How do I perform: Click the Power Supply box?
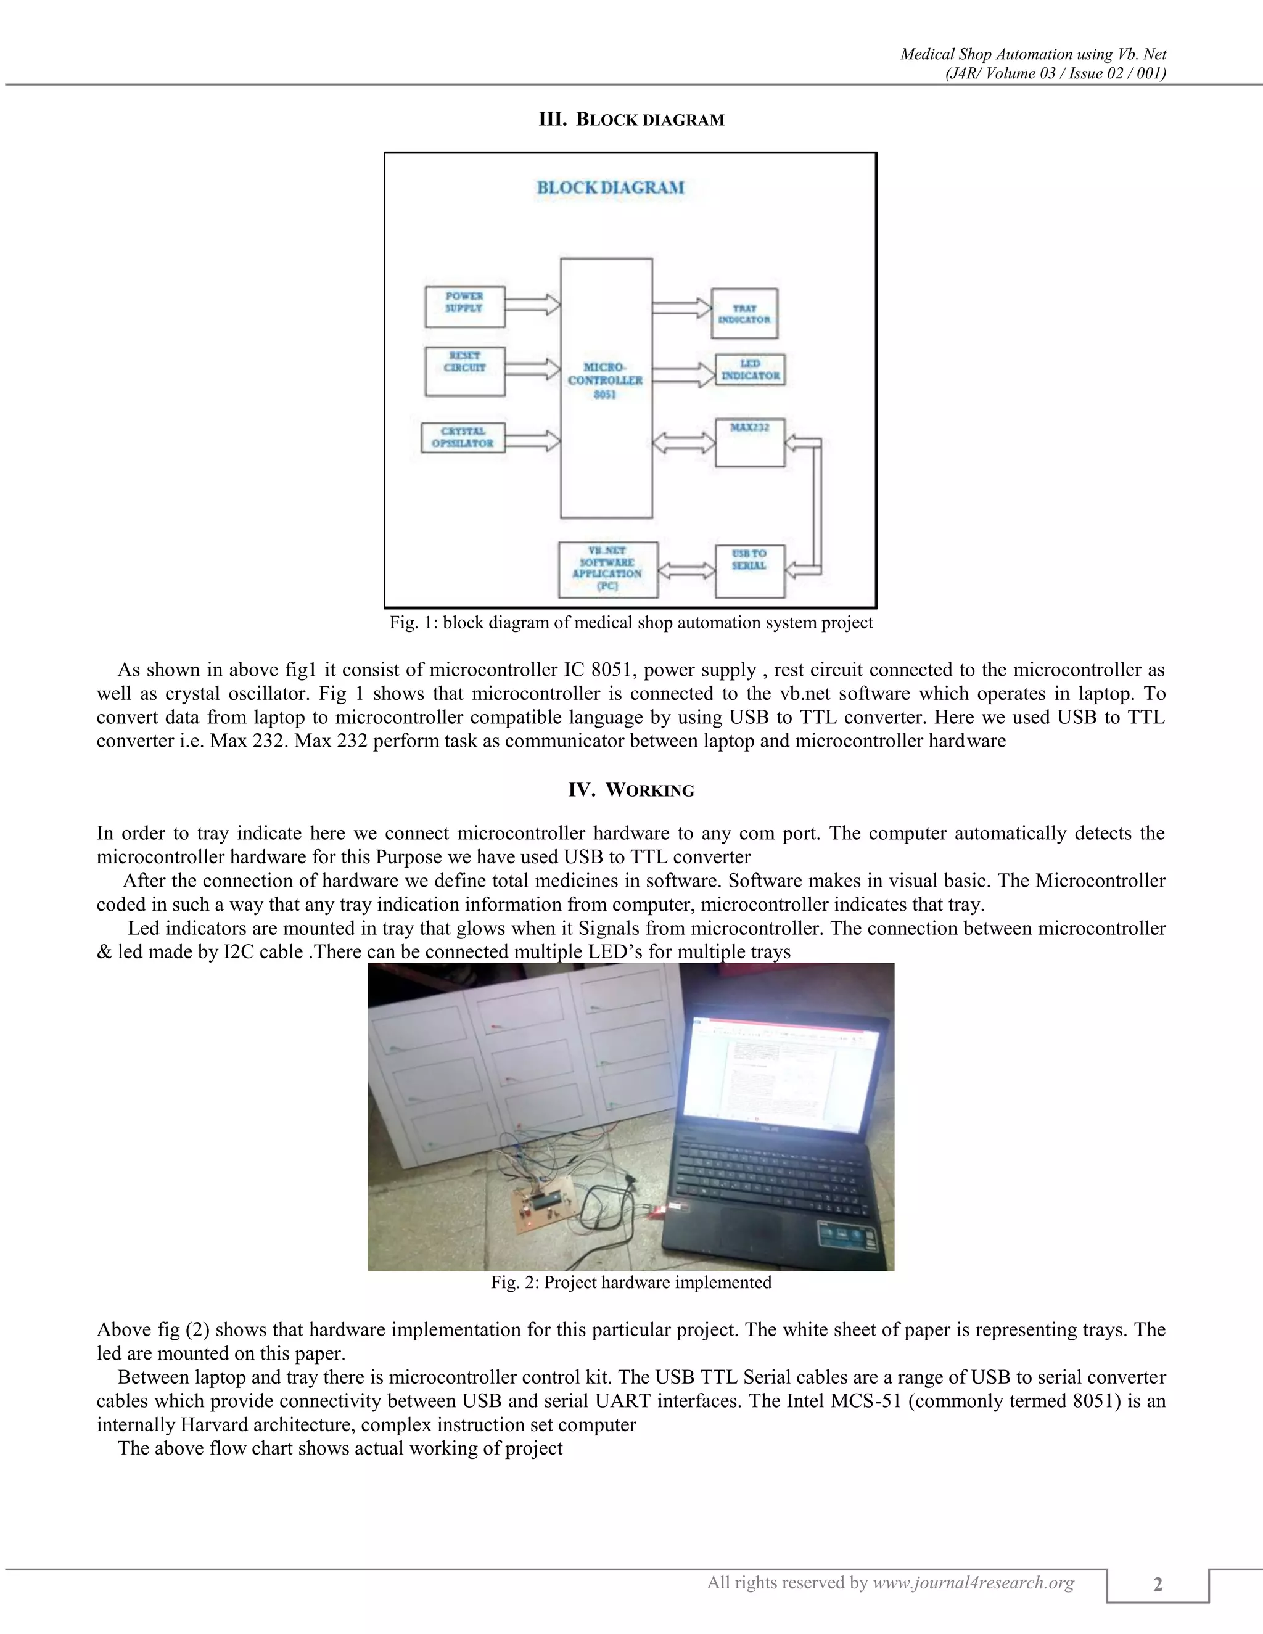click(x=464, y=306)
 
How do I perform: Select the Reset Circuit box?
click(x=464, y=371)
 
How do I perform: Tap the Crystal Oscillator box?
click(x=463, y=438)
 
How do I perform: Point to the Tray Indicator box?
click(x=744, y=313)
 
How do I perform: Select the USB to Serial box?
click(x=750, y=571)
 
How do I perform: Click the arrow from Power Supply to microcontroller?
click(x=532, y=305)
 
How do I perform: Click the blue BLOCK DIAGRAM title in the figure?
click(x=611, y=188)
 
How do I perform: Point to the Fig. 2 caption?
click(x=631, y=1283)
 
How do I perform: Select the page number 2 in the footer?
click(x=1158, y=1584)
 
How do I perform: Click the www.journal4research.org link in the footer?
click(x=973, y=1582)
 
